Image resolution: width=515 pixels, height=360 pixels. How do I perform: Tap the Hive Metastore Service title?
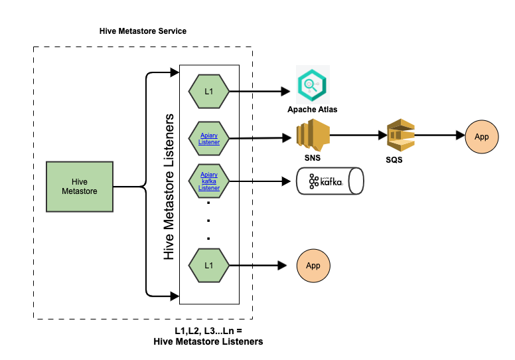[143, 31]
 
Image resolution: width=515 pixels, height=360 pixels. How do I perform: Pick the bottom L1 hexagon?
[209, 265]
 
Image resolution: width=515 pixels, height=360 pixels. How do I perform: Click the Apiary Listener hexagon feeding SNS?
[209, 137]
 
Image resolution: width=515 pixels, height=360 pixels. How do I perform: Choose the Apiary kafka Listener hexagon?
[209, 179]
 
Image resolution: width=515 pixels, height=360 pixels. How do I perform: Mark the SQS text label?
[394, 160]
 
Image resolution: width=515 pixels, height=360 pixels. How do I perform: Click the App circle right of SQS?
[482, 136]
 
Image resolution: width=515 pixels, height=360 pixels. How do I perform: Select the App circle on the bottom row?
[313, 265]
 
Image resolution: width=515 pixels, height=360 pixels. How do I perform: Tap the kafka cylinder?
[331, 181]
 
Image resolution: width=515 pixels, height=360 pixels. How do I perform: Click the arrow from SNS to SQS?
[358, 135]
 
